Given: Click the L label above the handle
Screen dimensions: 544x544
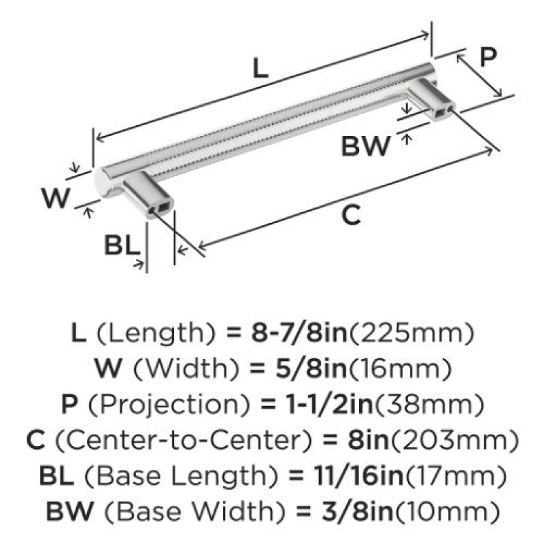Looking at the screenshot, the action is tap(260, 68).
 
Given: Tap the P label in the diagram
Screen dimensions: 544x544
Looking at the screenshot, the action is tap(488, 56).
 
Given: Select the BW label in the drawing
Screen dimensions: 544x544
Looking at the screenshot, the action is tap(366, 146).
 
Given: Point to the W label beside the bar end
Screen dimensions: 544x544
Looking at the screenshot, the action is tap(56, 198).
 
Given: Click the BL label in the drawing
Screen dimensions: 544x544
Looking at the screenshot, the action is tap(122, 245).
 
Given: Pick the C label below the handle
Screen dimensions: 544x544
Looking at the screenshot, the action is tap(351, 215).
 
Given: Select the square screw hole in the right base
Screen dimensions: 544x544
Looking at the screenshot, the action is tap(441, 112).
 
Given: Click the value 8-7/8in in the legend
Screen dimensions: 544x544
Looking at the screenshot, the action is tap(299, 333).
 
